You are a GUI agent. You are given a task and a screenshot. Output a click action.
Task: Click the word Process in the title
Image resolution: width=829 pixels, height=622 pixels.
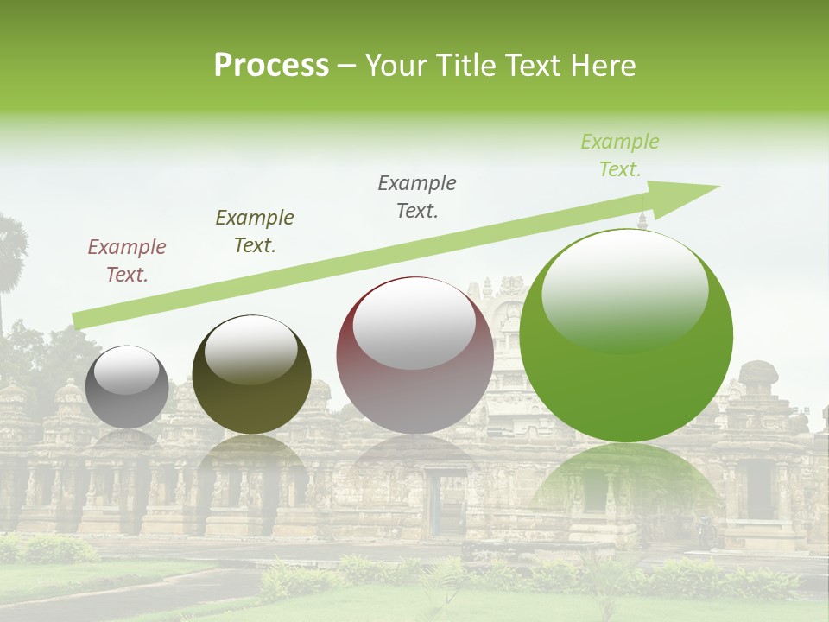coord(271,66)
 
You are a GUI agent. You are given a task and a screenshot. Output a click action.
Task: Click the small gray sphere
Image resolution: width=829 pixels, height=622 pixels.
coord(127,387)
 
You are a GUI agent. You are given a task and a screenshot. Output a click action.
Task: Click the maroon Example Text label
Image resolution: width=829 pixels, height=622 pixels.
coord(127,261)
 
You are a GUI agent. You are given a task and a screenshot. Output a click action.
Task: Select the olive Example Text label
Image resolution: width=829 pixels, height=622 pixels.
coord(255,232)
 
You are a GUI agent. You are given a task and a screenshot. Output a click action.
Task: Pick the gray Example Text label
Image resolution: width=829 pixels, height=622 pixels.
coord(417,197)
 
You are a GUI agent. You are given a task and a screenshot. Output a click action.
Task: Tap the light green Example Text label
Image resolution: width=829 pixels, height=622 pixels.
coord(620,155)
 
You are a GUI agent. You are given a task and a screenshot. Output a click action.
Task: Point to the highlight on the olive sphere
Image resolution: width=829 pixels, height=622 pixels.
coord(251,350)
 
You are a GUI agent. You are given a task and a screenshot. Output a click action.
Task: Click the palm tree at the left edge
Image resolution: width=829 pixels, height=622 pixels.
coord(10,251)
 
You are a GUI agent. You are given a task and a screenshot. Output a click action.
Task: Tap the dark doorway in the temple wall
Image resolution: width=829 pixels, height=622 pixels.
coord(445,501)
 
